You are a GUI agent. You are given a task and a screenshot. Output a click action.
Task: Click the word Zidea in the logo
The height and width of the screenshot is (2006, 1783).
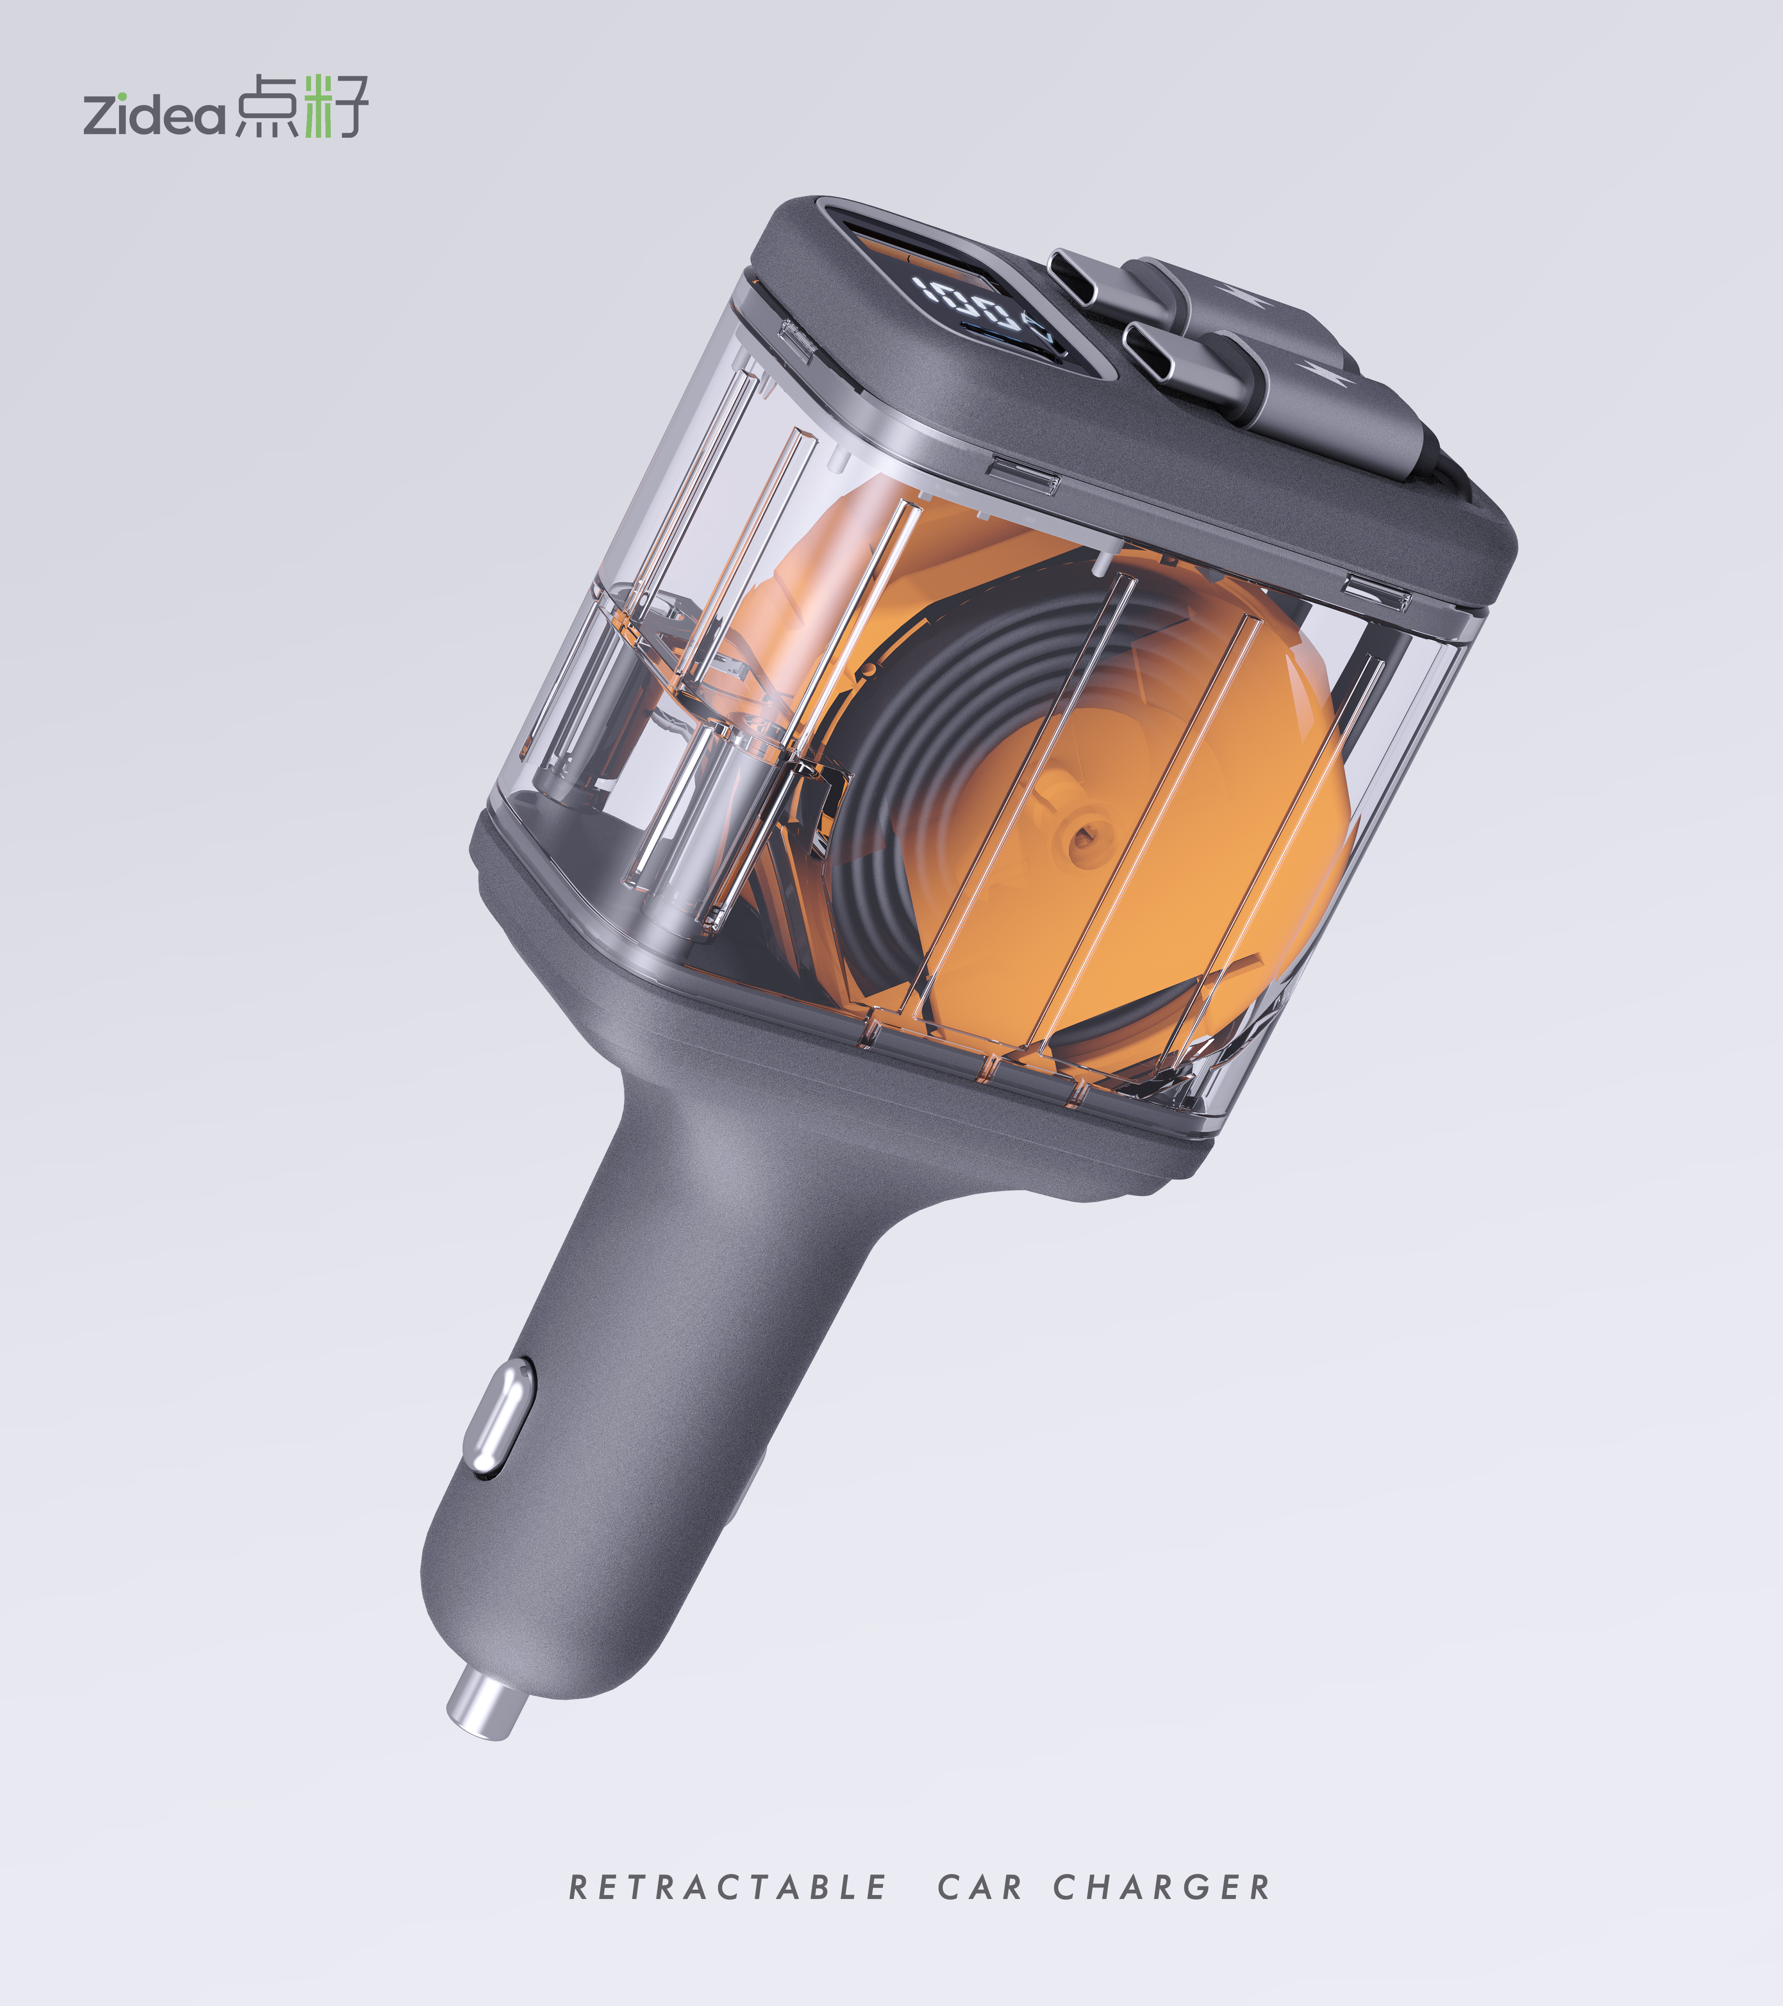click(x=154, y=115)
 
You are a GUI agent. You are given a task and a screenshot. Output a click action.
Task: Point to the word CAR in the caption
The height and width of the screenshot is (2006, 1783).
click(x=979, y=1887)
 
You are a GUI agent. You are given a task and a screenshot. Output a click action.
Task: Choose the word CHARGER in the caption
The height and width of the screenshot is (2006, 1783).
click(x=1162, y=1887)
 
